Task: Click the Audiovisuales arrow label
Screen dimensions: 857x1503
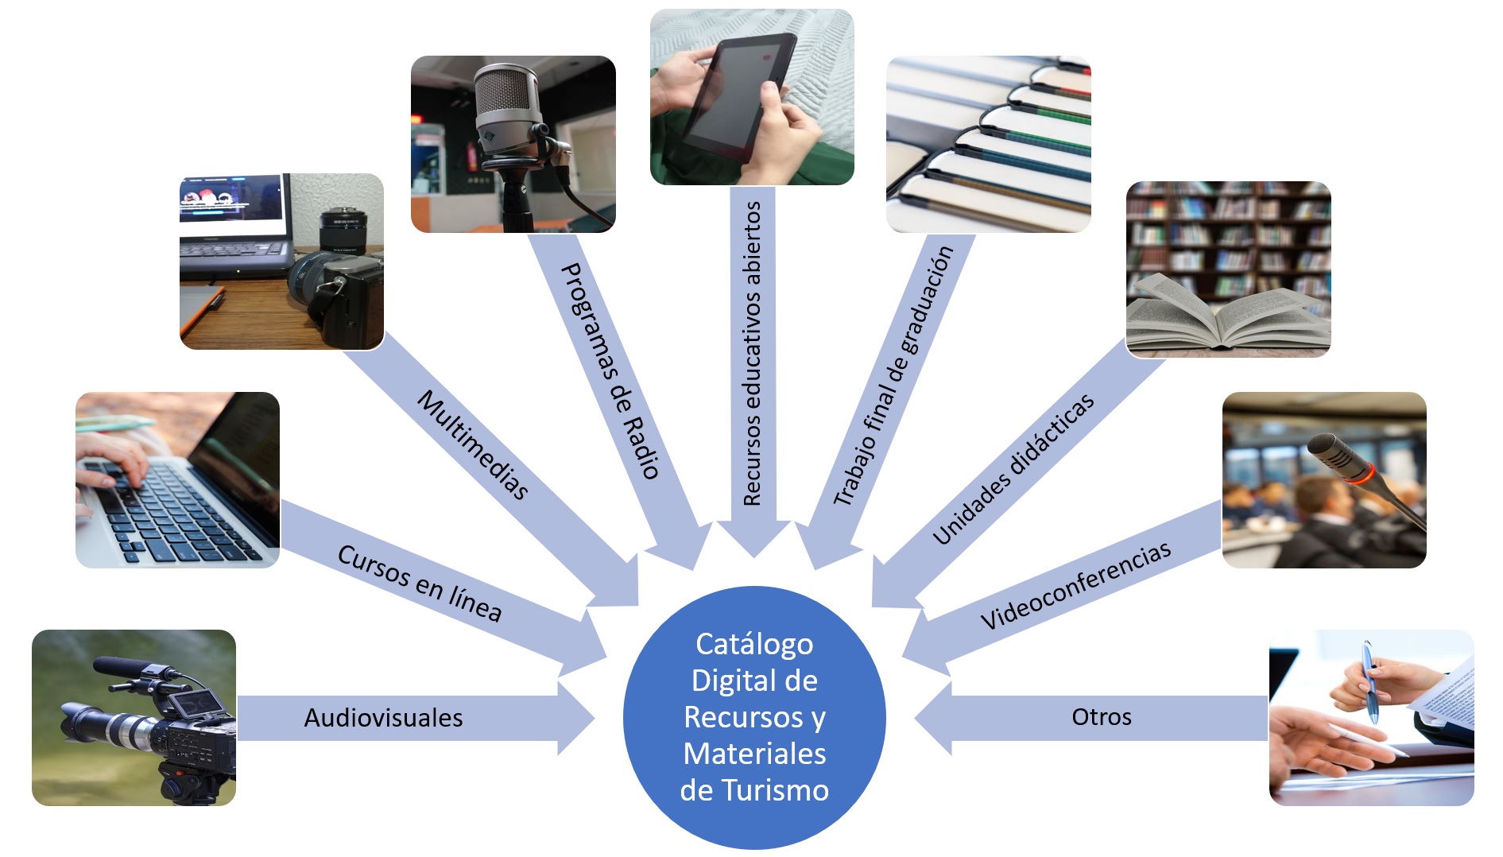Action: pyautogui.click(x=383, y=718)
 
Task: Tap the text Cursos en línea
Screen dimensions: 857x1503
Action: pyautogui.click(x=419, y=583)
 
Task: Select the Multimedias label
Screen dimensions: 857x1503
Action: pyautogui.click(x=473, y=444)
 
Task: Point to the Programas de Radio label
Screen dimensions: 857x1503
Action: pyautogui.click(x=610, y=370)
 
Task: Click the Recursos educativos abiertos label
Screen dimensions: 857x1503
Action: pyautogui.click(x=752, y=354)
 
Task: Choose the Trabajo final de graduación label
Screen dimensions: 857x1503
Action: pyautogui.click(x=893, y=375)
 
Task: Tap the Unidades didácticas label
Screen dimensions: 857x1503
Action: pyautogui.click(x=1013, y=469)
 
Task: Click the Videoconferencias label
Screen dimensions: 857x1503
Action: pyautogui.click(x=1075, y=585)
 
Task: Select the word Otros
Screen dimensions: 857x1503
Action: pyautogui.click(x=1101, y=717)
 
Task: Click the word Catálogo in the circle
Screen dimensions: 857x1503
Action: pyautogui.click(x=754, y=644)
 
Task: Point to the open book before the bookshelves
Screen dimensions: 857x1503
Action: pyautogui.click(x=1220, y=314)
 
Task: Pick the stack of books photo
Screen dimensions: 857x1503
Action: pyautogui.click(x=988, y=144)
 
